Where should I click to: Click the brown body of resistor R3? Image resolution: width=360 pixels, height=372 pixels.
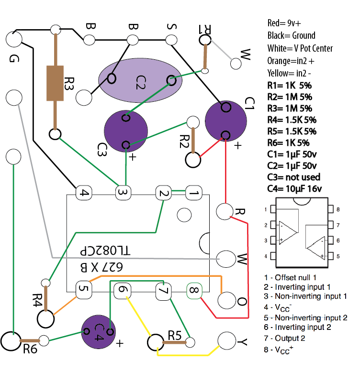click(x=55, y=83)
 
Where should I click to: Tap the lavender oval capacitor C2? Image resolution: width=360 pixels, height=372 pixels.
click(x=140, y=80)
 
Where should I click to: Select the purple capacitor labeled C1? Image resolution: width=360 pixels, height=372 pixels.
click(x=225, y=121)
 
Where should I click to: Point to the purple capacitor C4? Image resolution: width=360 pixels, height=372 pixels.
click(x=98, y=332)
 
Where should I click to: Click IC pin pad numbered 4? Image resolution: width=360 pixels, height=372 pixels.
click(x=84, y=193)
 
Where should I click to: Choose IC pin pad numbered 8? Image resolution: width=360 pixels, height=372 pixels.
click(x=194, y=290)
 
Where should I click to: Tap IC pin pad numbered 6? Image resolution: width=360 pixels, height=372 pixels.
click(x=122, y=290)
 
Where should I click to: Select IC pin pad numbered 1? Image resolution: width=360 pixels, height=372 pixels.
click(x=194, y=193)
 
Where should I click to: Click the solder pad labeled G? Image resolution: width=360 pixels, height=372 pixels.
click(x=14, y=39)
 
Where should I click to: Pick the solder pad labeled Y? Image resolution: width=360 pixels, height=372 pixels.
click(x=226, y=341)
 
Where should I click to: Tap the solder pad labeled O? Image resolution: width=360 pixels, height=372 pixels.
click(x=226, y=300)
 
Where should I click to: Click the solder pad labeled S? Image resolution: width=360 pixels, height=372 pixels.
click(x=171, y=40)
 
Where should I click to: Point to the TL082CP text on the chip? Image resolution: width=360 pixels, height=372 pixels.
click(x=105, y=251)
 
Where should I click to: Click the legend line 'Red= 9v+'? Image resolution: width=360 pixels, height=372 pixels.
click(x=284, y=23)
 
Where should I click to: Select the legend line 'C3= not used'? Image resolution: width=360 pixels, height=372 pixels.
click(x=294, y=177)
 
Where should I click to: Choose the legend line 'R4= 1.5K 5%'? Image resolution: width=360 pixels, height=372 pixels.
click(x=292, y=120)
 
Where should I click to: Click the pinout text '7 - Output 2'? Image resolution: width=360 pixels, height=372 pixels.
click(x=284, y=338)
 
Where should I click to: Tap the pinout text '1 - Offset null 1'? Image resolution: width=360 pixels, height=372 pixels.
click(x=290, y=277)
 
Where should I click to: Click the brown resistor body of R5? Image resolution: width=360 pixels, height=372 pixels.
click(x=175, y=342)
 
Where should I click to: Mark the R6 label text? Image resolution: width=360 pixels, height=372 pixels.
click(x=30, y=349)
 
